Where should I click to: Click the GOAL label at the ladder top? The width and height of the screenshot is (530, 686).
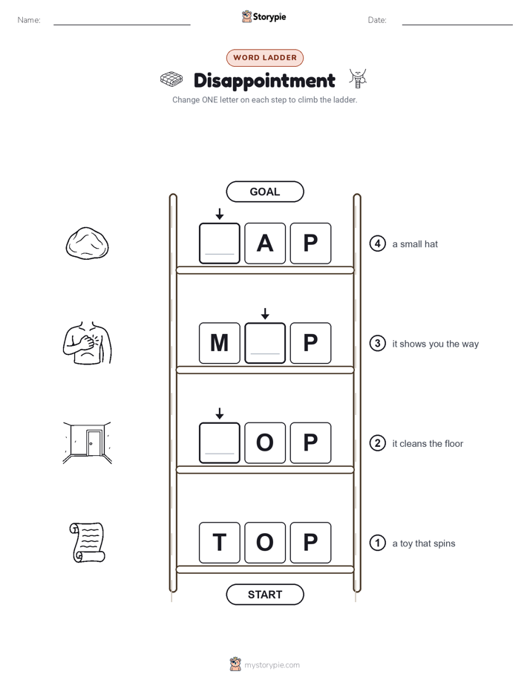[x=264, y=192]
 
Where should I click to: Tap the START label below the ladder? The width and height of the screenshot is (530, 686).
[x=264, y=595]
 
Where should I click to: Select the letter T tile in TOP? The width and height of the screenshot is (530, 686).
[x=220, y=543]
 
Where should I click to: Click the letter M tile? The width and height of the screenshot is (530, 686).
[x=220, y=343]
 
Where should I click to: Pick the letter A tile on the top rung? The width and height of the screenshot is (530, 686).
[x=265, y=244]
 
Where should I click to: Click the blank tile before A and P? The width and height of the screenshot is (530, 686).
[x=220, y=244]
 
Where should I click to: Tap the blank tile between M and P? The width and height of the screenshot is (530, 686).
[x=265, y=343]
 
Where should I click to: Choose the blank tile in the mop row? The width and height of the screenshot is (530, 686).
[x=220, y=442]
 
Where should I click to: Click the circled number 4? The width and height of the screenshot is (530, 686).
[x=377, y=244]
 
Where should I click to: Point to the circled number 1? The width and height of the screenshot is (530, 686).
[x=377, y=543]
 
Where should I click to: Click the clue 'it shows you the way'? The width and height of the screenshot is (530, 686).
[x=435, y=344]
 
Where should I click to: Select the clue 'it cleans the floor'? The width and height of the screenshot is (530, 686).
[x=428, y=444]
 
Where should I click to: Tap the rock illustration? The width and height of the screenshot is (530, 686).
[x=87, y=244]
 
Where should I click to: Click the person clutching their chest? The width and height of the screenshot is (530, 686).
[x=87, y=343]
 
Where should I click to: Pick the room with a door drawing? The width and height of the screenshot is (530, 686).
[x=87, y=442]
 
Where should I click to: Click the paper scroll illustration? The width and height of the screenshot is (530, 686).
[x=87, y=543]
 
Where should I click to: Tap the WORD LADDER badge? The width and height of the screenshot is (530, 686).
[x=264, y=58]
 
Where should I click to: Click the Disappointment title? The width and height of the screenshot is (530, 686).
[x=264, y=81]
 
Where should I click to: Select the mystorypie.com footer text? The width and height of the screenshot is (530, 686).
[x=272, y=665]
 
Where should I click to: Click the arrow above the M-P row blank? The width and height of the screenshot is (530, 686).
[x=265, y=313]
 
